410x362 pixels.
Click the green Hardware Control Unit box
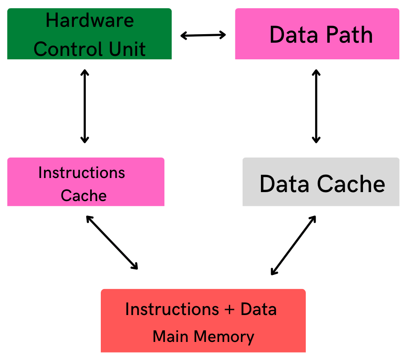click(89, 34)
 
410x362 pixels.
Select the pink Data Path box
click(317, 34)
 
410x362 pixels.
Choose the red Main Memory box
click(203, 321)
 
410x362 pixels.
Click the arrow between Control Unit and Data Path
click(203, 35)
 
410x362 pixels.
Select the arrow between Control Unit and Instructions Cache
click(85, 106)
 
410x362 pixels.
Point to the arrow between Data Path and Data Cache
click(316, 106)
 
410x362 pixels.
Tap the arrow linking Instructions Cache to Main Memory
click(112, 242)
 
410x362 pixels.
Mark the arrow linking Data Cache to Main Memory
click(293, 245)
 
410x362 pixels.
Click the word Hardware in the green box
click(90, 20)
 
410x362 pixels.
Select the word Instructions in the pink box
click(82, 173)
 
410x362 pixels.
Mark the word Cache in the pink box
click(84, 196)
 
